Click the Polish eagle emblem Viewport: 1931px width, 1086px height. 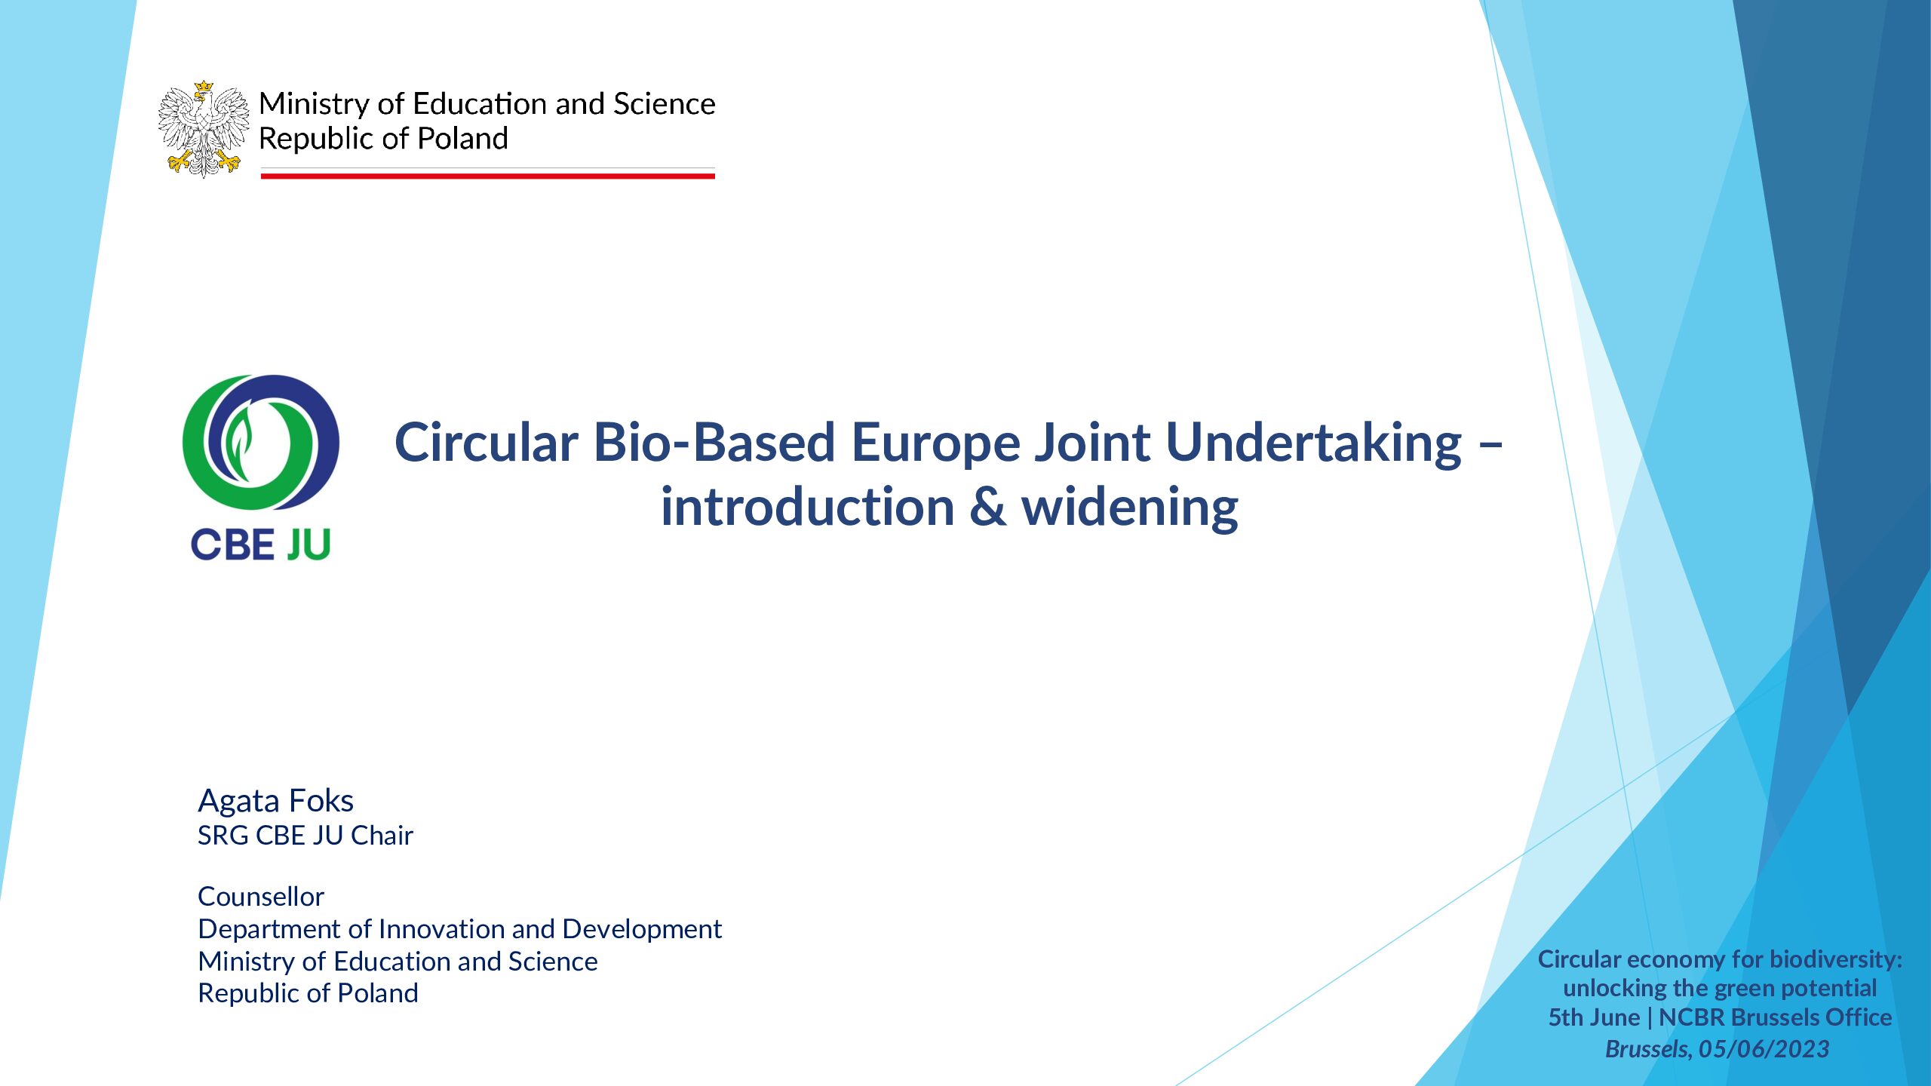pos(204,130)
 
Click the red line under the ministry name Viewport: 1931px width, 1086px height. pos(487,176)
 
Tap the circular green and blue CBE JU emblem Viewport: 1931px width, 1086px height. pos(261,442)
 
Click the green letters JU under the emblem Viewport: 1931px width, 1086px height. pos(309,545)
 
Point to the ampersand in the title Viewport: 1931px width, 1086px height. pos(987,507)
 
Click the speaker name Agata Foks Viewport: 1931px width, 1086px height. pos(275,800)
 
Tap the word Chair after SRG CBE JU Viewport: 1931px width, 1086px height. pos(382,836)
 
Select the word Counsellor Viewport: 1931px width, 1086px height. pos(261,897)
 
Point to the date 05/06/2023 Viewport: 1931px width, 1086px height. pos(1764,1049)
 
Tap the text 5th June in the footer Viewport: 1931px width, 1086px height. pos(1594,1017)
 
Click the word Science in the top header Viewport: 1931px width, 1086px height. pos(664,104)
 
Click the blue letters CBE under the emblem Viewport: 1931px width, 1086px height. pos(233,545)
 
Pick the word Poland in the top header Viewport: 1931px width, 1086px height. pos(462,139)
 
